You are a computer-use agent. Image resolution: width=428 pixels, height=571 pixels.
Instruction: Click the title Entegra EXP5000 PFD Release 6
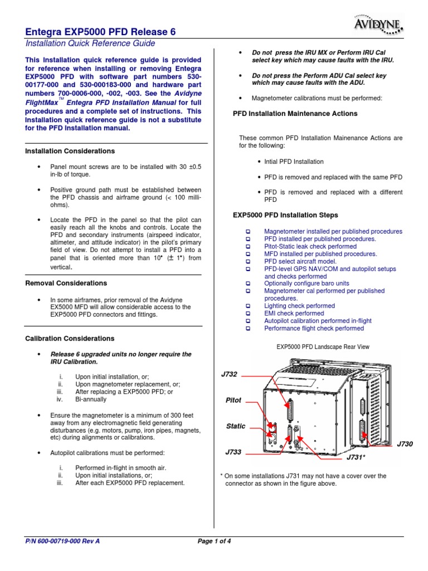[x=101, y=32]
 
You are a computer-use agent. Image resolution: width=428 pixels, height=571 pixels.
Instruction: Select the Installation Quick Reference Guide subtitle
[x=90, y=43]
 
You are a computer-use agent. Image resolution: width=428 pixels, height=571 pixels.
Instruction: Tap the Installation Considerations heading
[x=70, y=151]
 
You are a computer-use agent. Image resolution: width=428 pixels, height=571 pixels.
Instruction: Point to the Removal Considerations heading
[x=66, y=283]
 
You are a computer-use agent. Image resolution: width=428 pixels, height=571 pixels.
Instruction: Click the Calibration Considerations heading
[x=70, y=338]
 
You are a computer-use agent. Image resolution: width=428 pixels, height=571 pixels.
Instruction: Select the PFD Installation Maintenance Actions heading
[x=295, y=114]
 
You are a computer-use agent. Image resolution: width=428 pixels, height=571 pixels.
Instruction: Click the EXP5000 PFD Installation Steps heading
[x=285, y=215]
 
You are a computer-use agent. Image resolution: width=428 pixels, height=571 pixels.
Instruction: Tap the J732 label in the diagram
[x=229, y=374]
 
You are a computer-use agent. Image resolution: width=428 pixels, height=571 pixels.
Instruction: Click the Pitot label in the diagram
[x=233, y=400]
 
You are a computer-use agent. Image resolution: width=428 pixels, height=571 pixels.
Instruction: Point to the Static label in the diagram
[x=235, y=426]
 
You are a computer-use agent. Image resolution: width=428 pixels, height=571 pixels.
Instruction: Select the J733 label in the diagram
[x=233, y=452]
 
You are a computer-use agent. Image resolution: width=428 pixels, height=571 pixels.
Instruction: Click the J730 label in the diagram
[x=405, y=444]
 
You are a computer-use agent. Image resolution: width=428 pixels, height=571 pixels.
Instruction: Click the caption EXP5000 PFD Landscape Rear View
[x=323, y=347]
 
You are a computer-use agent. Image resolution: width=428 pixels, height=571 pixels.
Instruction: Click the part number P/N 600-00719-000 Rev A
[x=63, y=541]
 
